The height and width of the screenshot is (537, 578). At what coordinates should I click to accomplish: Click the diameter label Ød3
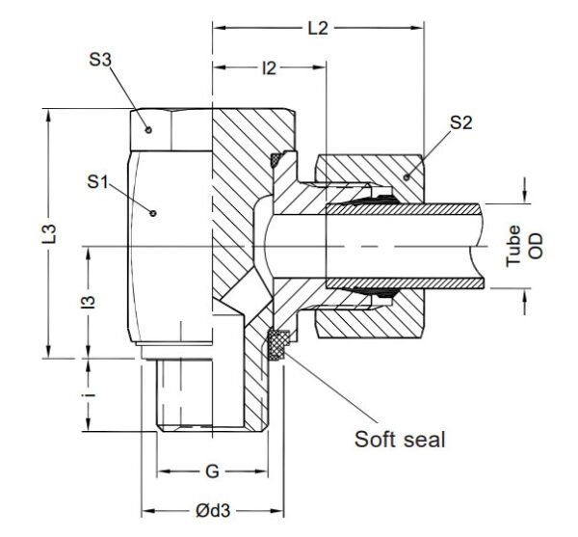pos(214,511)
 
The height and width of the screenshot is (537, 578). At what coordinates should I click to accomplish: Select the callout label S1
pos(97,180)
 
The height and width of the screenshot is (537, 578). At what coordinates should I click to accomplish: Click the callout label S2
pos(460,122)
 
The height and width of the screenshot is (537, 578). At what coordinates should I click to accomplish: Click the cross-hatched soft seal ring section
pos(279,341)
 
